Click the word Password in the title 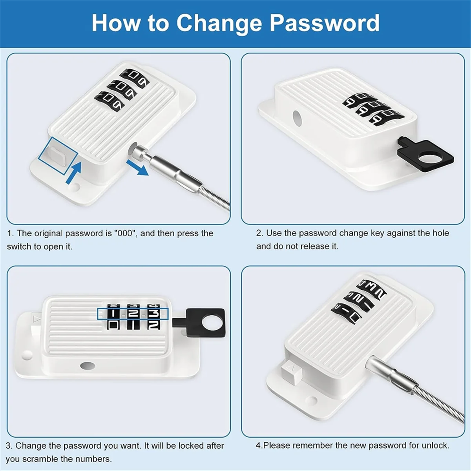coord(324,23)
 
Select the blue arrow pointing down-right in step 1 coord(138,167)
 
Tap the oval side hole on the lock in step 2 coord(297,118)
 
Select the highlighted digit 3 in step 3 coord(153,314)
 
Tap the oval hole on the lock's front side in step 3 coord(87,366)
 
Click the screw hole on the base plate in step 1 coord(74,188)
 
